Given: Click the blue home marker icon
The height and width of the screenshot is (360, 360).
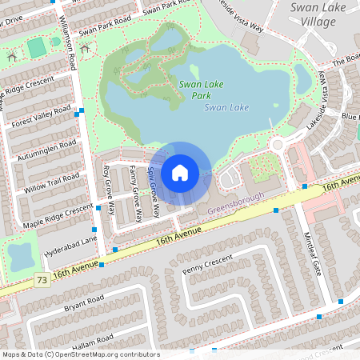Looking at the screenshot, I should click(180, 173).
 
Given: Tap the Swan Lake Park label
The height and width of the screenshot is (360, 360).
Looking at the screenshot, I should click(201, 90).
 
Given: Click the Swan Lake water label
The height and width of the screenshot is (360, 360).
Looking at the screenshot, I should click(226, 107).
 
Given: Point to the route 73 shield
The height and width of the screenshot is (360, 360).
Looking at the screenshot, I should click(41, 279).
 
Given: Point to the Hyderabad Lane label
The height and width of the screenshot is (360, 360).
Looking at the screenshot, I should click(70, 240).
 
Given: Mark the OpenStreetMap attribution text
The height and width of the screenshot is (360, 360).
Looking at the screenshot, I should click(80, 354).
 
